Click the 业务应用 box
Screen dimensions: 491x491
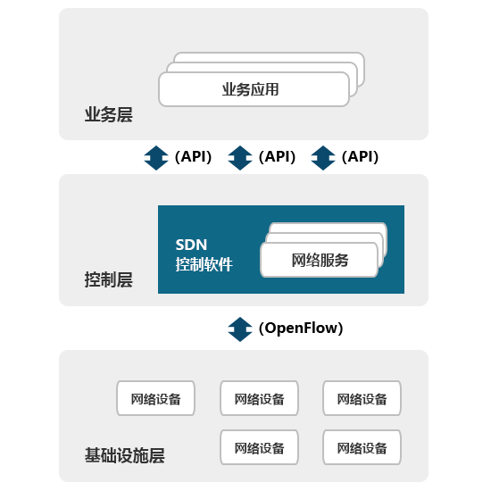tap(254, 89)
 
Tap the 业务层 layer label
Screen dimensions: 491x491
tap(109, 114)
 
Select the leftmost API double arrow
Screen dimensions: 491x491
tap(156, 158)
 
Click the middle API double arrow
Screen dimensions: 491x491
tap(240, 158)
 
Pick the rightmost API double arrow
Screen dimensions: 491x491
tap(323, 158)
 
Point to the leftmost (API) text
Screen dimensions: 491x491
tap(193, 156)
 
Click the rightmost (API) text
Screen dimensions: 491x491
tap(360, 156)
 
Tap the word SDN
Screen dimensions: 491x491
tap(191, 245)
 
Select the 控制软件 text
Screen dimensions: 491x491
tap(204, 264)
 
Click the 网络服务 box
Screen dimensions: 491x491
tap(319, 260)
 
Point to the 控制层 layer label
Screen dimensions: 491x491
tap(109, 279)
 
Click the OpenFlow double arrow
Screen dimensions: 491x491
tap(240, 329)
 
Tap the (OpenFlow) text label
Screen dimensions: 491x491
tap(301, 329)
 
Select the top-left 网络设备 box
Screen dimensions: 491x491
tap(155, 398)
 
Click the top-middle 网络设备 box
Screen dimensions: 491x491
tap(259, 398)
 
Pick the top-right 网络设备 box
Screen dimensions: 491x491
tap(362, 398)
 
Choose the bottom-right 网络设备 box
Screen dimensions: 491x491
tap(362, 447)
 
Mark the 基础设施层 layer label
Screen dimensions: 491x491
tap(125, 455)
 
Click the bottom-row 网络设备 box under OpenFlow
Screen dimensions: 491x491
tap(259, 447)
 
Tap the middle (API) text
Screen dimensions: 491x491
tap(277, 156)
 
